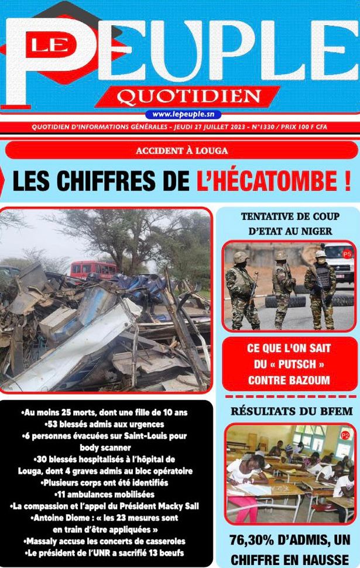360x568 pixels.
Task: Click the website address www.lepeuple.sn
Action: (x=183, y=114)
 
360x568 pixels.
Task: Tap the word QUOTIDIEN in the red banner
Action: (x=188, y=96)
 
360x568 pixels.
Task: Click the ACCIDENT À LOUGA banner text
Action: (x=181, y=150)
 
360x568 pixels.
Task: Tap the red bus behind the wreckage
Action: (x=93, y=269)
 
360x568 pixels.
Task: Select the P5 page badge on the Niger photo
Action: (x=347, y=254)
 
